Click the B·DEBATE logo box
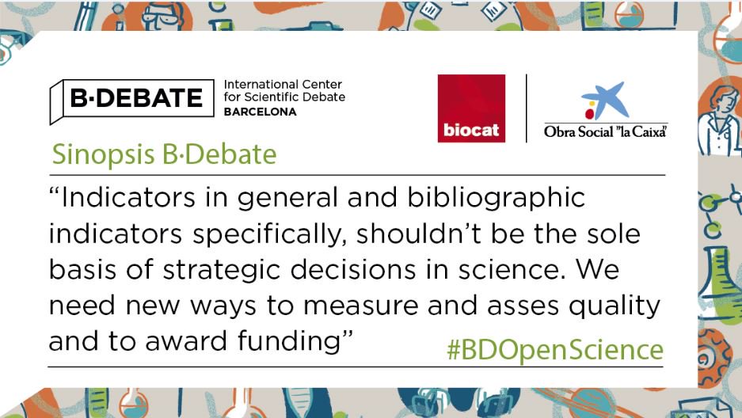point(131,99)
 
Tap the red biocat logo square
point(471,108)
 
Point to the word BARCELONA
point(261,112)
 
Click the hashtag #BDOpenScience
point(554,349)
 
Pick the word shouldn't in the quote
point(436,234)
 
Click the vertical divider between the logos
point(527,108)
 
